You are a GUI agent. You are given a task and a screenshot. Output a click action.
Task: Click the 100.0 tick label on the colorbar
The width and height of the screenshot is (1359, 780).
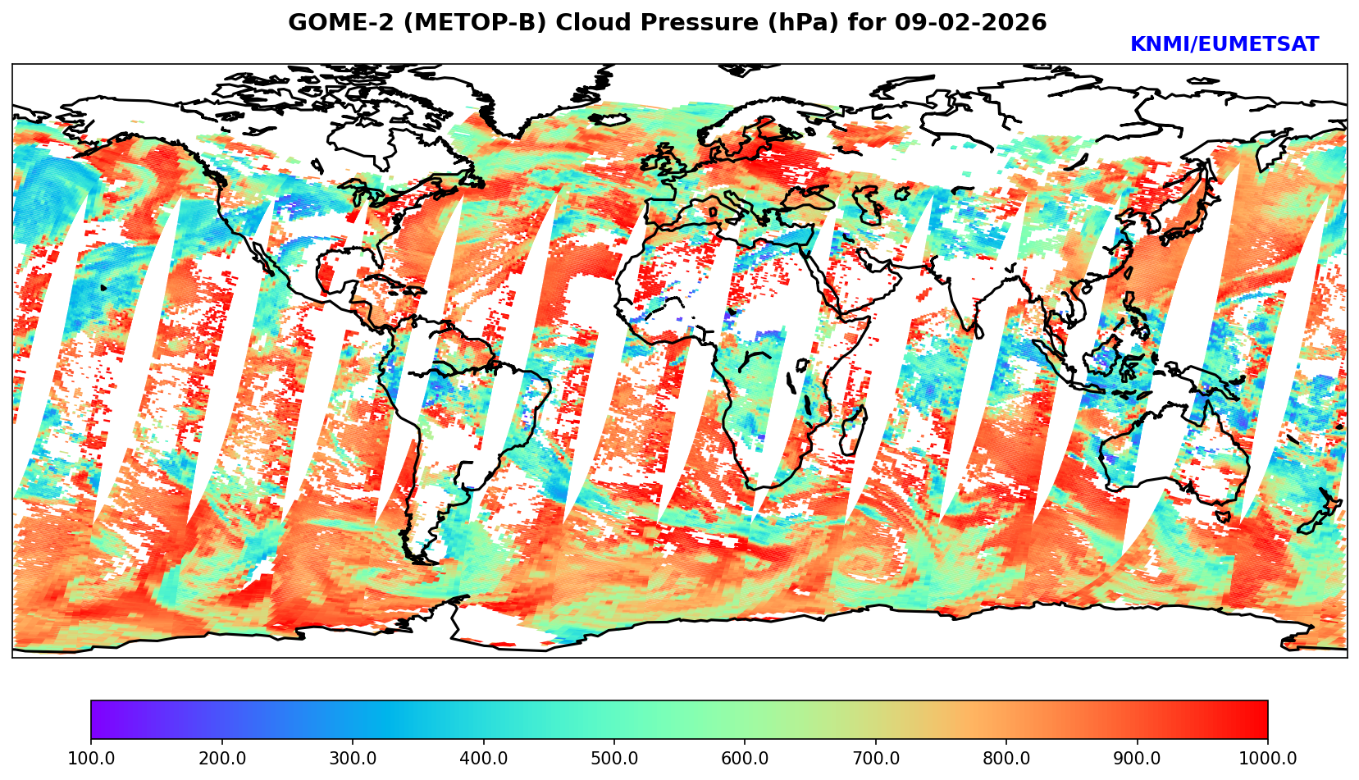click(x=91, y=757)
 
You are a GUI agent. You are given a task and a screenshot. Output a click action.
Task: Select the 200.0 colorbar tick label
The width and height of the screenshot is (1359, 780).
click(x=221, y=757)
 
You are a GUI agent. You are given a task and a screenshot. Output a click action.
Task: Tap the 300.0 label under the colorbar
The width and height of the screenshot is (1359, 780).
click(x=353, y=757)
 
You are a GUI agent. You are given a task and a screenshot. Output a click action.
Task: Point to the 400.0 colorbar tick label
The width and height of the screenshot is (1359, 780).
click(x=483, y=757)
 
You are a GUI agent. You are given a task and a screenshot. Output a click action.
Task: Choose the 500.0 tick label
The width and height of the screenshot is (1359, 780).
click(x=614, y=757)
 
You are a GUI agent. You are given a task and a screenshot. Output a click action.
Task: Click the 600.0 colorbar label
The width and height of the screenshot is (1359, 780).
click(x=745, y=757)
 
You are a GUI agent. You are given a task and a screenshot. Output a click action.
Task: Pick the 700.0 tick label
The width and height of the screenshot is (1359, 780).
click(x=876, y=757)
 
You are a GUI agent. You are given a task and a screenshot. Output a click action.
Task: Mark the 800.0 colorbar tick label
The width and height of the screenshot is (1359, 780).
click(x=1006, y=757)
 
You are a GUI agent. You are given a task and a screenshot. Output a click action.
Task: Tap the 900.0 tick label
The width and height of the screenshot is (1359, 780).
click(x=1138, y=757)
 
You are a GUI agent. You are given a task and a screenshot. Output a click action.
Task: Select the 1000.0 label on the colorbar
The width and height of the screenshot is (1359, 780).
click(x=1266, y=757)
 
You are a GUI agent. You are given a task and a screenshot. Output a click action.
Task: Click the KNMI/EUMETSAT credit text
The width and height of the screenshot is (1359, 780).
click(x=1224, y=45)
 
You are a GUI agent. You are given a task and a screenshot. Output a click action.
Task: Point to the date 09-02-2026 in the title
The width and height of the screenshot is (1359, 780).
click(x=971, y=23)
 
